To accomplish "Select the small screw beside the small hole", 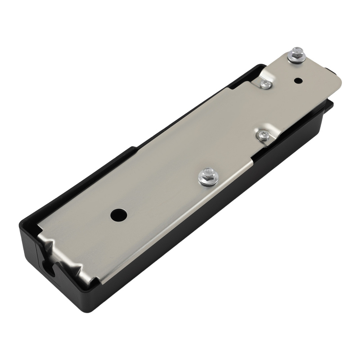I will click(x=265, y=84).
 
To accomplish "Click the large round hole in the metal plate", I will click(x=119, y=215).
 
